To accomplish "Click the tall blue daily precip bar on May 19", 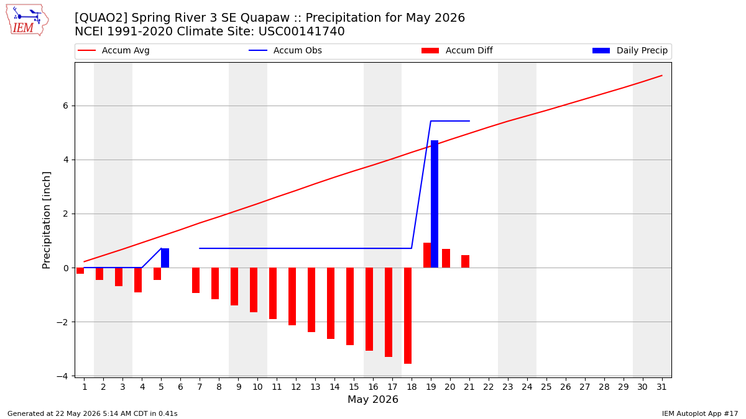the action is (435, 204).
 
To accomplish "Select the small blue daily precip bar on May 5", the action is (165, 258).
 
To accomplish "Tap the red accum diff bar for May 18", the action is (408, 315).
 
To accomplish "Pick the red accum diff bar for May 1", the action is (80, 271).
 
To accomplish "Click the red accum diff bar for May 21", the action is (466, 261).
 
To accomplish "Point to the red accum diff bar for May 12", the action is (292, 296).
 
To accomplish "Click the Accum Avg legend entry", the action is (114, 50).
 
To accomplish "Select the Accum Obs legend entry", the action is (285, 50).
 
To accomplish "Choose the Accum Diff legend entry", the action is (457, 50).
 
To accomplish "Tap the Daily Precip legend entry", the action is (630, 50).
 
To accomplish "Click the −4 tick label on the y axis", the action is (62, 376).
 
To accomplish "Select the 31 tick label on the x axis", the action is (661, 387).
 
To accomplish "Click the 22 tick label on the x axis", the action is (489, 387).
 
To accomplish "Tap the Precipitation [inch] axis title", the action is (46, 220).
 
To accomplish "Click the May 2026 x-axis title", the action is (373, 399).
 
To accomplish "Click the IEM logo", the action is (27, 20).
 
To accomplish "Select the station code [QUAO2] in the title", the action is (101, 17).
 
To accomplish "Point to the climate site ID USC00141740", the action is (302, 32).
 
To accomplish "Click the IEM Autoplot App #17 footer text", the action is (700, 413).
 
